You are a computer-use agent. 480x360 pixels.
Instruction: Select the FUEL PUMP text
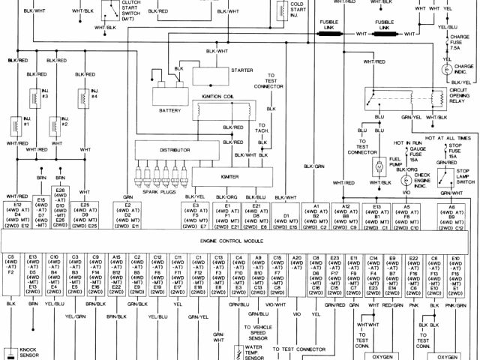click(x=397, y=162)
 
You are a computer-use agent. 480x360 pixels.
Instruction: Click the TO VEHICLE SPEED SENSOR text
click(x=256, y=331)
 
